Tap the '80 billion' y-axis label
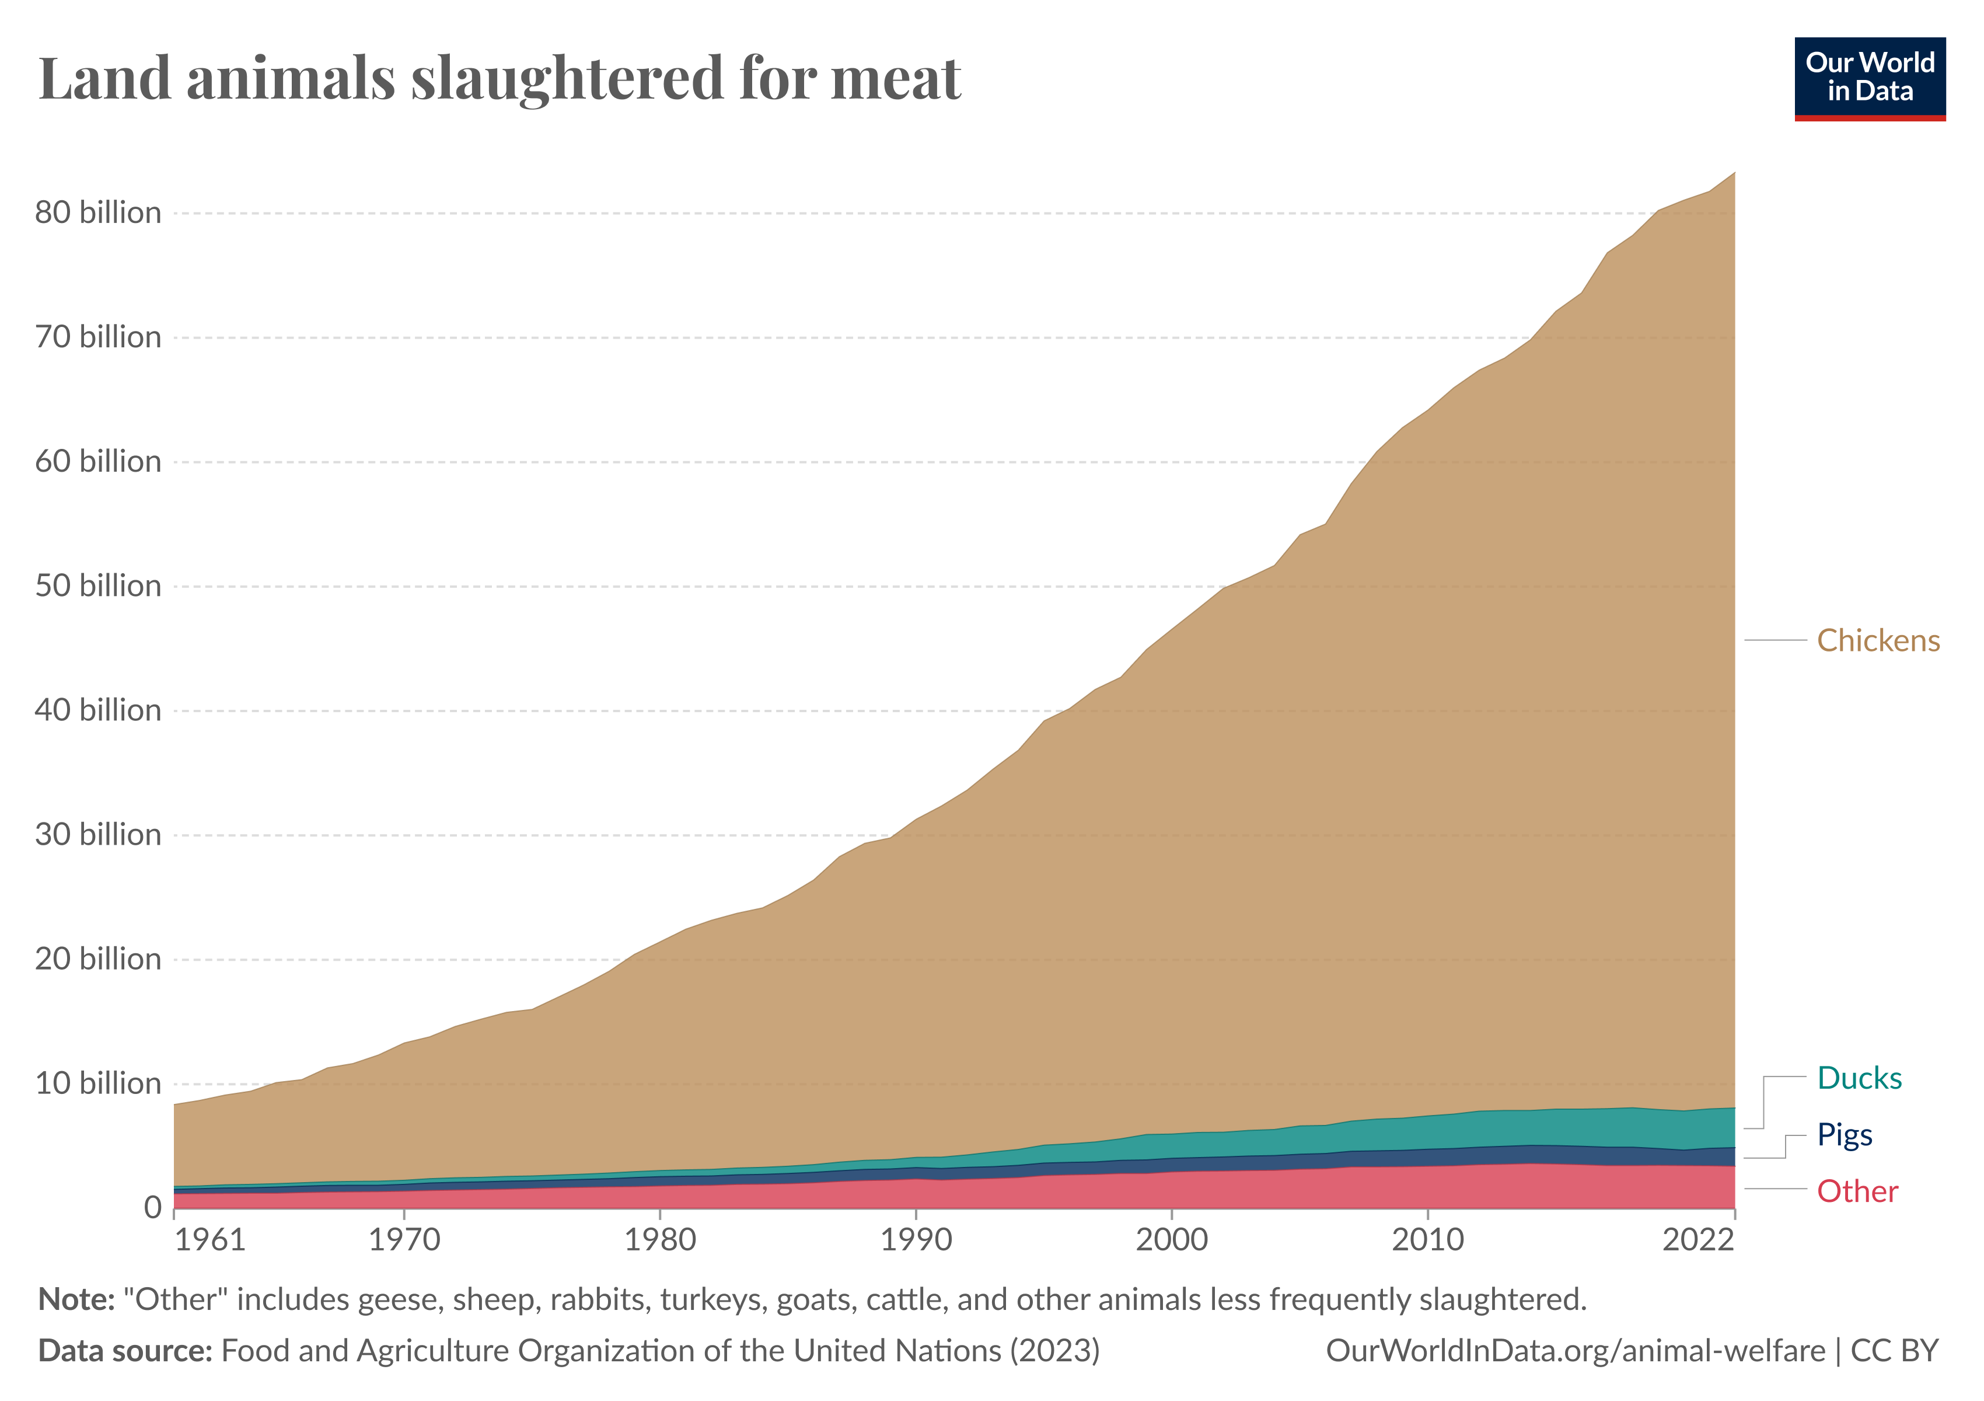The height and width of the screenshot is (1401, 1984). [97, 212]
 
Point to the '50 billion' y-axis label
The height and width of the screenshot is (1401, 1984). [97, 586]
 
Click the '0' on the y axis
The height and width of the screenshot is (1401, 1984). [152, 1207]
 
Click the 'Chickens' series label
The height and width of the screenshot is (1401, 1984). [1878, 640]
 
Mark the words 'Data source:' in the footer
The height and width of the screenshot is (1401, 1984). [125, 1351]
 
